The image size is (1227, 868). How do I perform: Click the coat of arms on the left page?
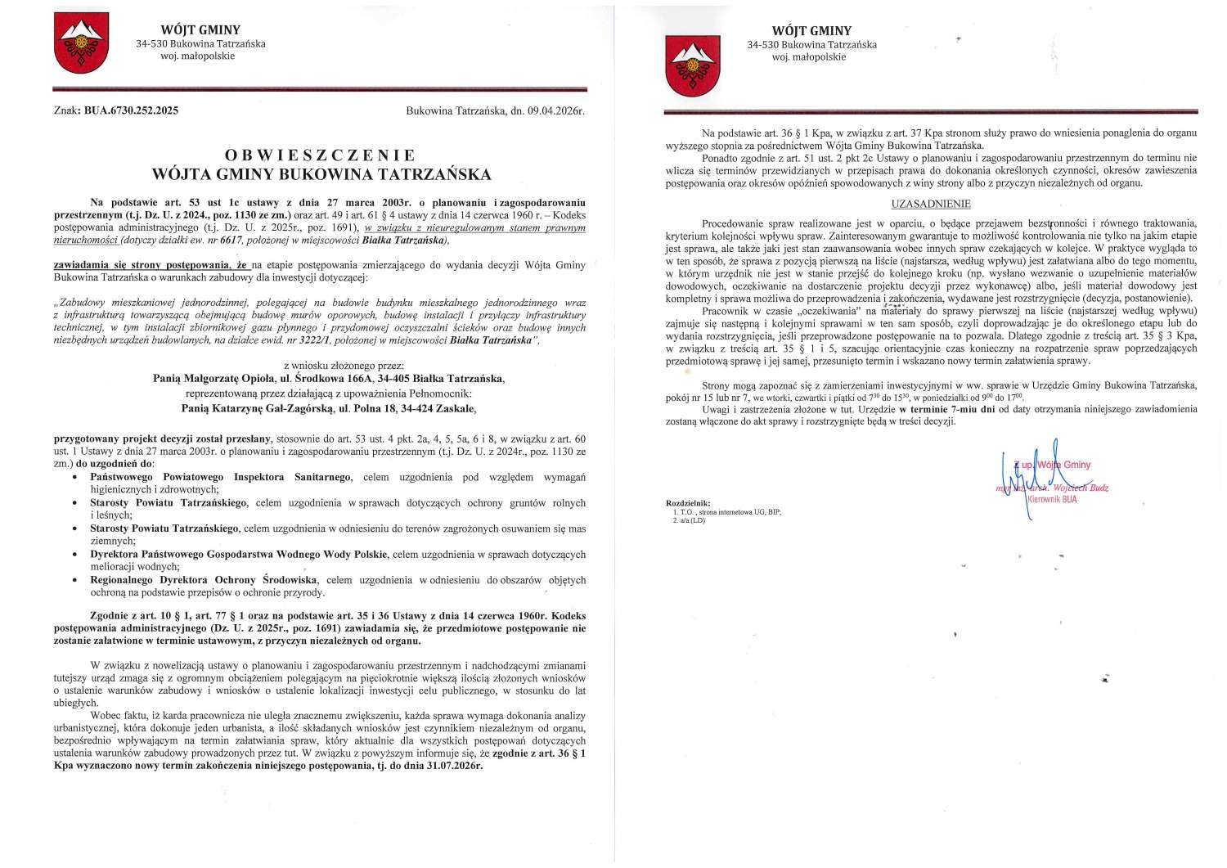click(x=81, y=43)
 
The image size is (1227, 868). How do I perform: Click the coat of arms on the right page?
click(x=692, y=63)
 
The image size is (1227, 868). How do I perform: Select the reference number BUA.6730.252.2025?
click(x=131, y=110)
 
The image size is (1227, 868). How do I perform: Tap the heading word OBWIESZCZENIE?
click(x=321, y=155)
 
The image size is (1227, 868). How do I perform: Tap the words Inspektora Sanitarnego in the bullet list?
click(x=293, y=477)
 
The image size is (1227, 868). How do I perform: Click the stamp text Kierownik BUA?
click(x=1052, y=499)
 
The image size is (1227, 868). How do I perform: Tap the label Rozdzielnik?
click(x=688, y=502)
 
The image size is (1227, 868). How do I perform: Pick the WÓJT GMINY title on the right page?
click(x=811, y=31)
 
